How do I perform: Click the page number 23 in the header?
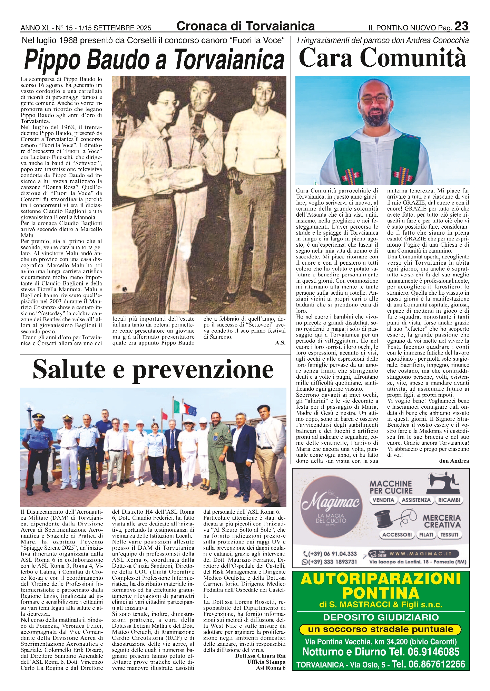point(461,26)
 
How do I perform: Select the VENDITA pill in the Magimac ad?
point(383,500)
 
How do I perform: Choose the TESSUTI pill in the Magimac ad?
point(449,535)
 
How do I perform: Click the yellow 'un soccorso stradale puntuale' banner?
point(380,630)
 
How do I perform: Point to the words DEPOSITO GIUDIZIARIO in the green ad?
point(381,617)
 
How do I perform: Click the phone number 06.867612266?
point(437,664)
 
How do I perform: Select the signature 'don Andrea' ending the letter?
point(454,461)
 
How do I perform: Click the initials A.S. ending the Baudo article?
point(280,343)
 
